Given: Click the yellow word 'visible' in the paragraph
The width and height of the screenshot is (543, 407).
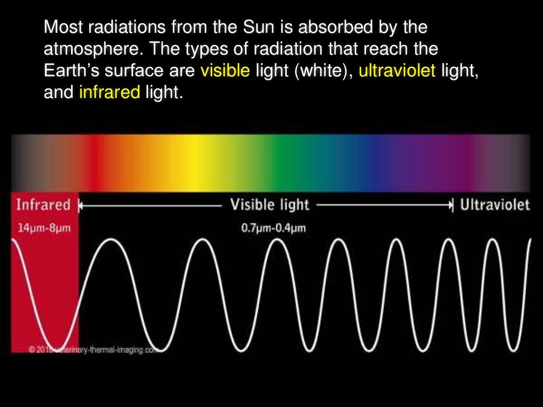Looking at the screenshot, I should tap(225, 71).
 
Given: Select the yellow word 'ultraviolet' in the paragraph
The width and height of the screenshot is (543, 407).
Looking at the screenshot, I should tap(397, 71).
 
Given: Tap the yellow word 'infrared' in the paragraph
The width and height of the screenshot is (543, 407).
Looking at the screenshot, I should tap(109, 93).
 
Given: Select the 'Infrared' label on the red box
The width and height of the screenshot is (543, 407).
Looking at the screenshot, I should tap(43, 205).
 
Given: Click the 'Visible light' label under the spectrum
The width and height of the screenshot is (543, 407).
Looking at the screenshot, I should tap(270, 205).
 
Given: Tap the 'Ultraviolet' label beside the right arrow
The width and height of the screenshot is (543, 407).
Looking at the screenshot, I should tap(495, 205).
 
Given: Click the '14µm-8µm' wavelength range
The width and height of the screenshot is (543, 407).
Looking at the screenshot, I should tap(41, 229).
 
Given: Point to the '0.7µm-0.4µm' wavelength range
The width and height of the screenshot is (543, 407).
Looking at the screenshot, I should tap(269, 229).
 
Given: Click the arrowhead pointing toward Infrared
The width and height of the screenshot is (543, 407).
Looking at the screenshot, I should tap(81, 205).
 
